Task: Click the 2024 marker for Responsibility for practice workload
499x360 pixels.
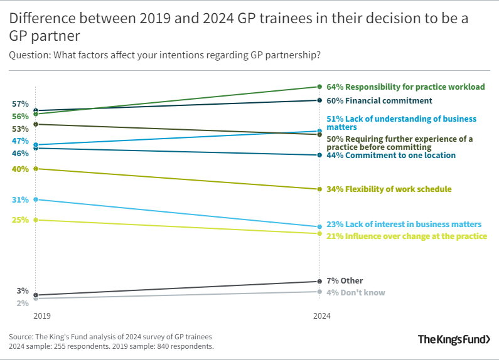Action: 320,87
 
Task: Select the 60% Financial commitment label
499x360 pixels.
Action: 379,100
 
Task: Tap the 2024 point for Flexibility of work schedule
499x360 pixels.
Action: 320,189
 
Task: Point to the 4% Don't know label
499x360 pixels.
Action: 356,292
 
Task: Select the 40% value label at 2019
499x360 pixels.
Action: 20,169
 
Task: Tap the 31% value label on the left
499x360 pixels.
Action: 20,199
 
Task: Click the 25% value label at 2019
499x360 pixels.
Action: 20,220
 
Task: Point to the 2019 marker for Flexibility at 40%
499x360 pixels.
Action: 36,169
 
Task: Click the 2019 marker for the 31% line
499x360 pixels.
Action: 36,199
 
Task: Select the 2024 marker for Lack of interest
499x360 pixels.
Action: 320,227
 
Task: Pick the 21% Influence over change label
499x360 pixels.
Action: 407,236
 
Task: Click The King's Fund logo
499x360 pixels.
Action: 454,339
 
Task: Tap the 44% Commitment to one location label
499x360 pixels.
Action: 391,155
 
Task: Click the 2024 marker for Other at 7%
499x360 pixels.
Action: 320,282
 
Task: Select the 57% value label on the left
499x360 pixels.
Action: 20,103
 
